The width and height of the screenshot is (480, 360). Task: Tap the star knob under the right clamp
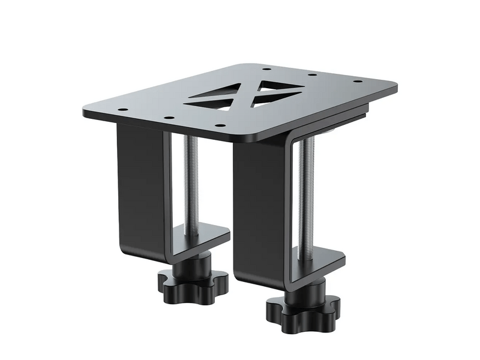[303, 309]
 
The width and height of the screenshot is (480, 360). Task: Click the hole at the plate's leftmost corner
[121, 110]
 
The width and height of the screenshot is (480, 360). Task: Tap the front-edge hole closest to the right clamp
[220, 125]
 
